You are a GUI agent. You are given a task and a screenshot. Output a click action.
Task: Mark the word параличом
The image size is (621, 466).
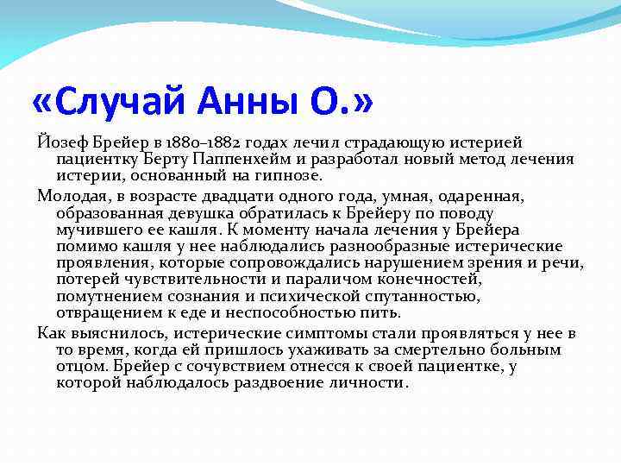click(332, 280)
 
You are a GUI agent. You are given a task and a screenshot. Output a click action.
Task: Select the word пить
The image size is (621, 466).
click(383, 313)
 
